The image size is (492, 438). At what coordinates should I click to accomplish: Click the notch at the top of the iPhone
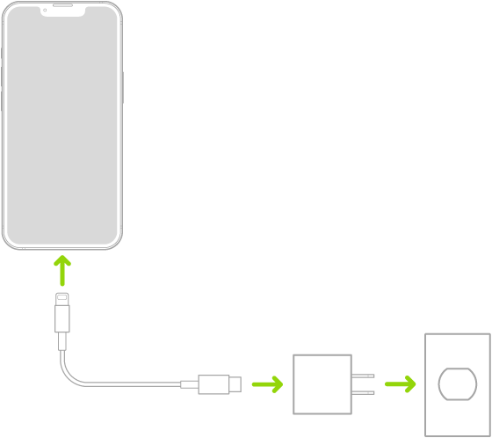point(61,11)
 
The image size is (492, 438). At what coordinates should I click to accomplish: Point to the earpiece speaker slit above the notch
point(61,4)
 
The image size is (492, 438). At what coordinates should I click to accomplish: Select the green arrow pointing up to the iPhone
point(61,270)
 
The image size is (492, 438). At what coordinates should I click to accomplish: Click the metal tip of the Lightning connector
point(61,299)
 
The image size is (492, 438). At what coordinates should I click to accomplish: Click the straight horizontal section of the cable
point(132,384)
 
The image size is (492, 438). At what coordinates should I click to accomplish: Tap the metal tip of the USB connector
point(235,384)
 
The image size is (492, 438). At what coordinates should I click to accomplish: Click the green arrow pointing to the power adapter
point(267,384)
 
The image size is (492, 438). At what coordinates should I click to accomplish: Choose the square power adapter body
point(322,383)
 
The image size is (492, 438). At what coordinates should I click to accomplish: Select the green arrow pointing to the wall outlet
point(401,384)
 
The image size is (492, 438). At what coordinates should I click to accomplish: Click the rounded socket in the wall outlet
point(457,384)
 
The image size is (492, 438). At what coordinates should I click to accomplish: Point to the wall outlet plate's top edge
point(457,335)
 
